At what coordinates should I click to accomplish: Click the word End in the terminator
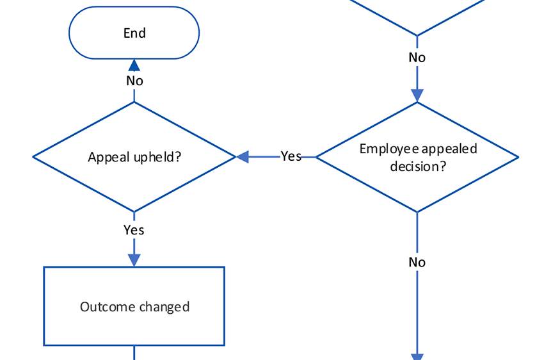134,33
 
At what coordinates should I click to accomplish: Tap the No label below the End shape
134,81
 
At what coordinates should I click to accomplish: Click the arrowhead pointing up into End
134,65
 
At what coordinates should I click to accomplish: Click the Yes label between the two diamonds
291,156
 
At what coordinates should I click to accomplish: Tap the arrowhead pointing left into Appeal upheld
243,157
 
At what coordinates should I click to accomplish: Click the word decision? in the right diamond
417,167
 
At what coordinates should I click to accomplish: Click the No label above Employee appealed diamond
417,58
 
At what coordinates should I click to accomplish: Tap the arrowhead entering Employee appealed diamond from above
417,95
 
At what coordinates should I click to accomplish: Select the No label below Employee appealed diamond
417,262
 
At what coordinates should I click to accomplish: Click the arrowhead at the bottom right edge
417,356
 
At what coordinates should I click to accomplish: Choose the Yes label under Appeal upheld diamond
134,230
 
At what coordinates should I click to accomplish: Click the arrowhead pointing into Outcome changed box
134,259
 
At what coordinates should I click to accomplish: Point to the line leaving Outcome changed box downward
134,353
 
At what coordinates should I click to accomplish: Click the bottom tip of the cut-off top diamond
417,35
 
